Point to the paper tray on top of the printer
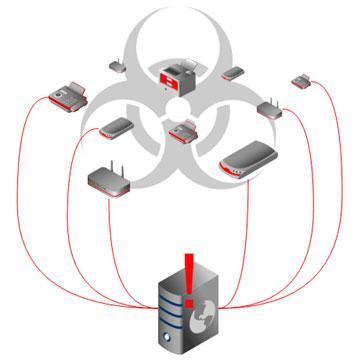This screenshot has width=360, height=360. [179, 61]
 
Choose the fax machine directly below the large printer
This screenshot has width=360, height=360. [182, 131]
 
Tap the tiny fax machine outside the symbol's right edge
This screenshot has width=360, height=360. [302, 78]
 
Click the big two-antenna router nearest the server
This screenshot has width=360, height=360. [111, 179]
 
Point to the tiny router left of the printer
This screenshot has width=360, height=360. [116, 68]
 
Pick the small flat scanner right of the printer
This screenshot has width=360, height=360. [234, 73]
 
